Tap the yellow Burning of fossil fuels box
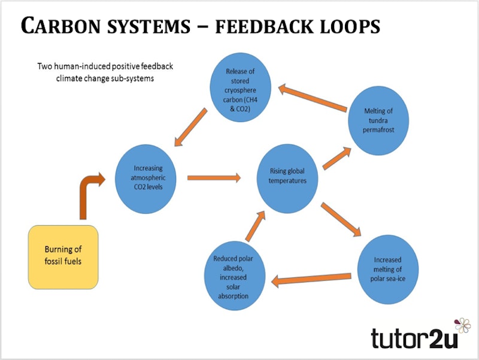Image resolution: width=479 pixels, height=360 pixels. pos(63,256)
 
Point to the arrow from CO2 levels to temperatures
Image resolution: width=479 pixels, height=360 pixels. pos(214,177)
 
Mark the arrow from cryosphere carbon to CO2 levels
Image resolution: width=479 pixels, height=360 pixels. pos(192,128)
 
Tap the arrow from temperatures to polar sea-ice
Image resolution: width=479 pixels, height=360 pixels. pos(341,220)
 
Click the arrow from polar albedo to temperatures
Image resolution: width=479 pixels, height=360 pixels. pos(255,228)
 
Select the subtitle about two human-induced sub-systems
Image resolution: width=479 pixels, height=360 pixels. pos(105,72)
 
